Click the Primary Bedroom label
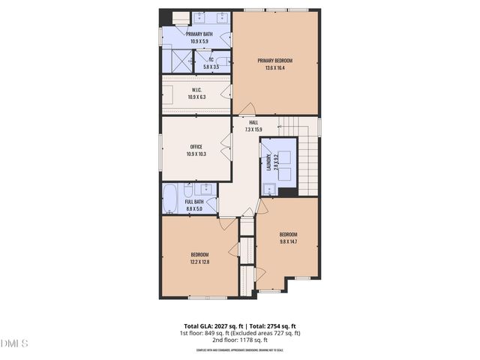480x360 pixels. [x=274, y=61]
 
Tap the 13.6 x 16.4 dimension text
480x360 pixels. [x=274, y=68]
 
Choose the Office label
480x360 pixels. [x=196, y=147]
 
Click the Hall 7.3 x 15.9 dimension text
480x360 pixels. [x=253, y=130]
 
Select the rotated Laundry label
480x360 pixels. [x=268, y=163]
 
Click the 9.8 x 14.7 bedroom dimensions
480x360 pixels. [x=289, y=241]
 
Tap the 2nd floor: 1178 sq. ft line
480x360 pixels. [x=240, y=340]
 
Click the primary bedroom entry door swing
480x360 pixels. [x=246, y=109]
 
